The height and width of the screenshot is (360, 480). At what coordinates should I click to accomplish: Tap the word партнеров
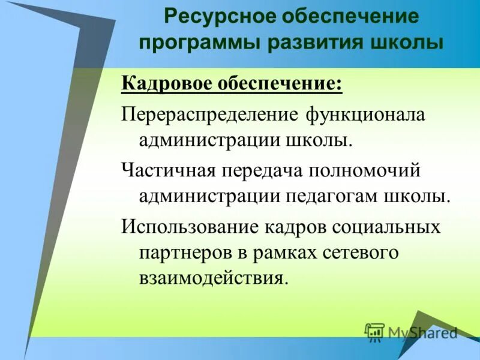(x=184, y=253)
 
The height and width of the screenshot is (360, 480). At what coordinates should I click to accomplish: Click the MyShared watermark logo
(x=412, y=332)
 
